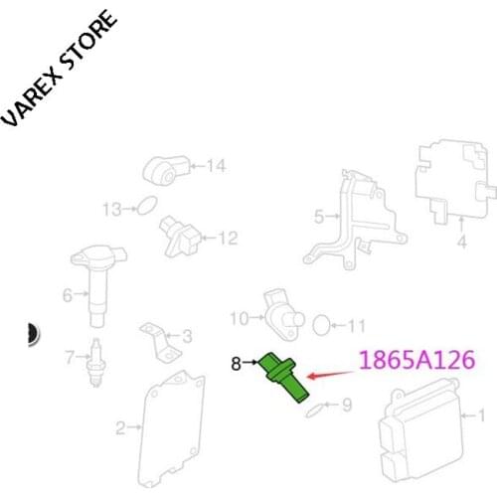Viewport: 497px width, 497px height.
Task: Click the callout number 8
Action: (237, 364)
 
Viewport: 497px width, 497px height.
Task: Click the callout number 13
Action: (113, 209)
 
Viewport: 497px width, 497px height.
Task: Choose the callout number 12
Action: (229, 238)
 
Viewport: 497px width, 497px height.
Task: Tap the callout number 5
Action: (291, 215)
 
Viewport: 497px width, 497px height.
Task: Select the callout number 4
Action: (460, 241)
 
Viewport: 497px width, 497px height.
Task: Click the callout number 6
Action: (68, 294)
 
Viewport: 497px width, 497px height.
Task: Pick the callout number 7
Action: (69, 356)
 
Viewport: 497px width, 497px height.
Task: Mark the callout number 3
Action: (186, 336)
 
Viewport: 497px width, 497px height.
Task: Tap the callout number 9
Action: (347, 405)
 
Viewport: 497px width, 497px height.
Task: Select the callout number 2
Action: (120, 428)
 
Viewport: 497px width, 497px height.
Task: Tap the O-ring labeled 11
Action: (321, 325)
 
